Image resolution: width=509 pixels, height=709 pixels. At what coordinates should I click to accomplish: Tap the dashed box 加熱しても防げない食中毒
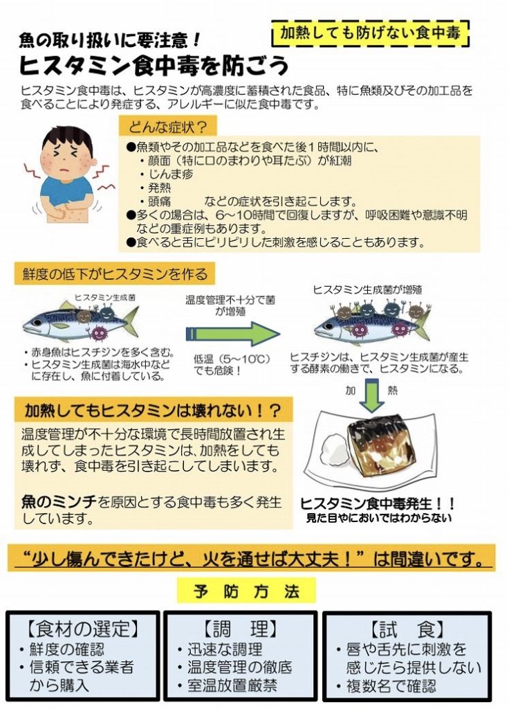(x=371, y=33)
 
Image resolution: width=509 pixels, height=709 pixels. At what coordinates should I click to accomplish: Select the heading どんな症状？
(x=167, y=126)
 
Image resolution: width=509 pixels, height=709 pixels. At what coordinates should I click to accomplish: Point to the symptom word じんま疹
(x=172, y=174)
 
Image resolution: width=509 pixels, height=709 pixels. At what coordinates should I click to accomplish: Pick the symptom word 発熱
(x=160, y=187)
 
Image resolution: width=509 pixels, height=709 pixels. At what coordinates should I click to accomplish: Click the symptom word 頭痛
(x=160, y=201)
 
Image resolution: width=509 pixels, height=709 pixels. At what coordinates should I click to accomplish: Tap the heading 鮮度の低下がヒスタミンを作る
(x=115, y=274)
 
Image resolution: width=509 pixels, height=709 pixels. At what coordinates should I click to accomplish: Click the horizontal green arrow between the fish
(x=232, y=334)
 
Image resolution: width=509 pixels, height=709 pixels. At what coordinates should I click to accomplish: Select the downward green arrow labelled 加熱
(x=371, y=396)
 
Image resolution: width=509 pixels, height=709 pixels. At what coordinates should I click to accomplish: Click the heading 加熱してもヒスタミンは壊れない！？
(x=153, y=411)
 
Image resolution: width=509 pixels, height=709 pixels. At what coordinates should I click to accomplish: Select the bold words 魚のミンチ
(x=59, y=502)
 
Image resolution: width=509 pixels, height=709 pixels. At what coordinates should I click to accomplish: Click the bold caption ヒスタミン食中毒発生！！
(x=378, y=503)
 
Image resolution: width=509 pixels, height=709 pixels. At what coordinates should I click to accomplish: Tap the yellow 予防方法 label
(x=247, y=591)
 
